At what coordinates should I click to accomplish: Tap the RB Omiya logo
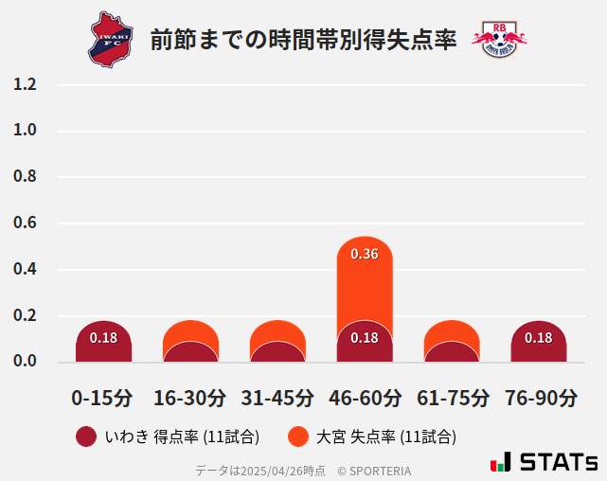tap(498, 39)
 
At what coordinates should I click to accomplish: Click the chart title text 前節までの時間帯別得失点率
tap(303, 40)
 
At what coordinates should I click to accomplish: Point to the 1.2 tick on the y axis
tap(25, 85)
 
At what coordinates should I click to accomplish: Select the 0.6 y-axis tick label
tap(25, 223)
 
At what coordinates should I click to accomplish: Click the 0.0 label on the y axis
tap(25, 362)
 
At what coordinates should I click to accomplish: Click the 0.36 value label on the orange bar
tap(365, 254)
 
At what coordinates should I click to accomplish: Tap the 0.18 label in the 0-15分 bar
tap(103, 338)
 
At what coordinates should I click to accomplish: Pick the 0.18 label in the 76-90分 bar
tap(538, 338)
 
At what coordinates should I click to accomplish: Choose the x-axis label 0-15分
tap(102, 398)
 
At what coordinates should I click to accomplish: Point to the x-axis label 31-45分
tap(277, 398)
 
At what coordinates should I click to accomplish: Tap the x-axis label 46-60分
tap(364, 398)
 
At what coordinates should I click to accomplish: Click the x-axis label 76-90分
tap(538, 398)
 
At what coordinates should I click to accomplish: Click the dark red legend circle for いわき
tap(86, 436)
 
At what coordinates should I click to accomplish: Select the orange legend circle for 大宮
tap(298, 436)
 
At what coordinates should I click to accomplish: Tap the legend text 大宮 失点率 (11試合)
tap(386, 436)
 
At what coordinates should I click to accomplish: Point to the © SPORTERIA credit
tap(374, 471)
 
